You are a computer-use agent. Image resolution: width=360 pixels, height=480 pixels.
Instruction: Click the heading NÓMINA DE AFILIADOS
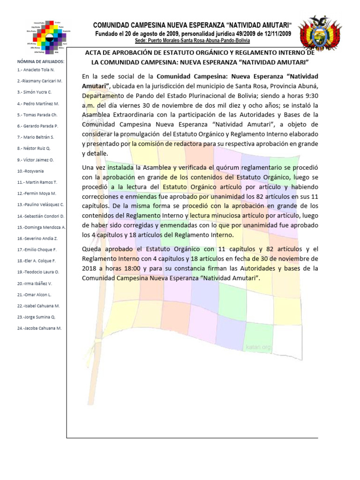tap(41, 61)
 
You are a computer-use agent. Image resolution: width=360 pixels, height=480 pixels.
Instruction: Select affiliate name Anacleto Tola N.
tap(36, 69)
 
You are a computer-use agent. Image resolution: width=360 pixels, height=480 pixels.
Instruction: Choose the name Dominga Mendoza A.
tap(41, 227)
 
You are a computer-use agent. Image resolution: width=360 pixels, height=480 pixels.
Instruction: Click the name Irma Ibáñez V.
tap(35, 283)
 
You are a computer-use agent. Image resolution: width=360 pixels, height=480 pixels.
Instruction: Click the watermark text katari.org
tap(258, 347)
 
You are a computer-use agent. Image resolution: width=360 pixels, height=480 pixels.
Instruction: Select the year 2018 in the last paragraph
tap(90, 268)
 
